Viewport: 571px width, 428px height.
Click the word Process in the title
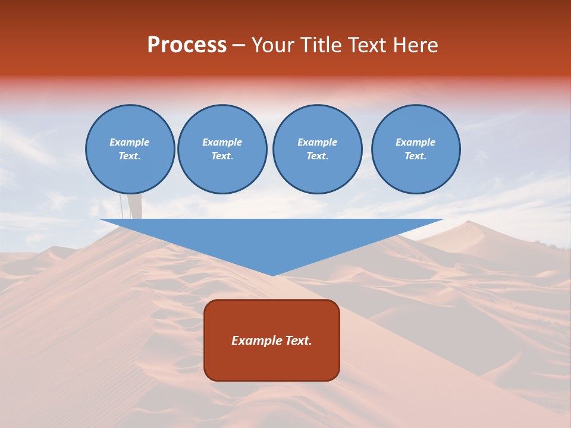pos(187,45)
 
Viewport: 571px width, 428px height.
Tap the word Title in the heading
pos(321,45)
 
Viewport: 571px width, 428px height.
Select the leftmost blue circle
pos(130,149)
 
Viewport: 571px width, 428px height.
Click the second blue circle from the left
pos(222,149)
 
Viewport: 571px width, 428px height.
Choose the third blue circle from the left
pos(318,149)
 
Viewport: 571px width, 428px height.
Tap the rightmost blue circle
pos(416,149)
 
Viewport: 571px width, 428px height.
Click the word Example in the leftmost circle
pos(130,142)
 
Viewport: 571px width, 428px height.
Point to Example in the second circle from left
pos(222,142)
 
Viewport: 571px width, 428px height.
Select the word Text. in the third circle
pos(318,156)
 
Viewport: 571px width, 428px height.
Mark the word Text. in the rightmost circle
pos(416,156)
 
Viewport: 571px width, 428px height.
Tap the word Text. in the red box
pos(298,341)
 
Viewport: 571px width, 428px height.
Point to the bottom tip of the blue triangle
pos(272,275)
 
